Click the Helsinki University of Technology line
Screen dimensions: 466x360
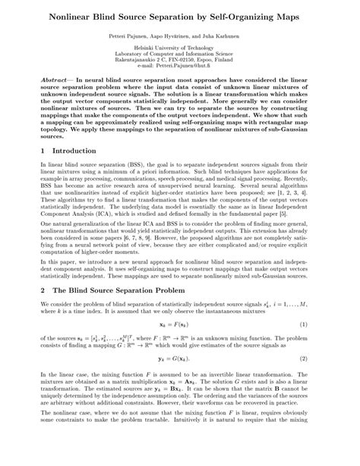coord(179,48)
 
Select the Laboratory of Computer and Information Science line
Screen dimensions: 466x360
coord(179,54)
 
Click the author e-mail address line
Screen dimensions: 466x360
coord(179,66)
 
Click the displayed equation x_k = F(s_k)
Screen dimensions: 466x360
coord(179,346)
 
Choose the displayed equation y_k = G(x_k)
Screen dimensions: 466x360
coord(179,379)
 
